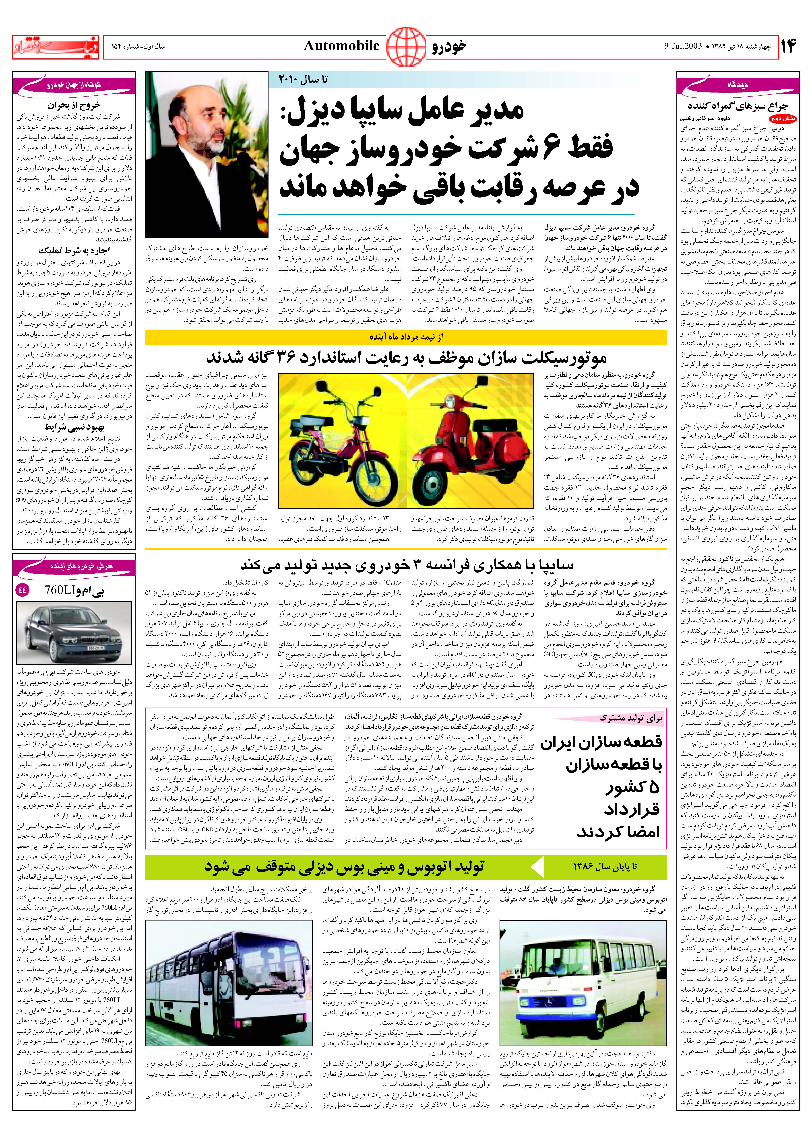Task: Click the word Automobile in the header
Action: coord(341,46)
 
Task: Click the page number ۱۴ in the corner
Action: coord(787,46)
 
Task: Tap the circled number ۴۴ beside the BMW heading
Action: coord(23,590)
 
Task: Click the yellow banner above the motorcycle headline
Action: coord(405,337)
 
